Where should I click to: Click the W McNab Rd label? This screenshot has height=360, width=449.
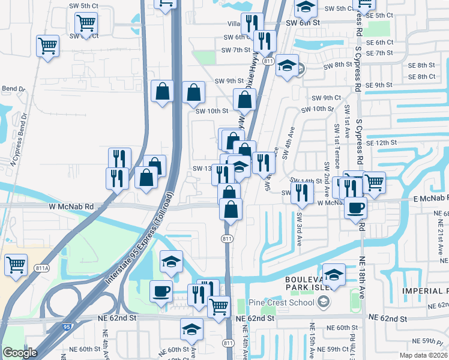(x=73, y=206)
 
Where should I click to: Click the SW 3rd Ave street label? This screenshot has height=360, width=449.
(x=298, y=229)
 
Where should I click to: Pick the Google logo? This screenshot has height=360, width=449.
(x=20, y=353)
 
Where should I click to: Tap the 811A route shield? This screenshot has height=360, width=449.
(x=41, y=268)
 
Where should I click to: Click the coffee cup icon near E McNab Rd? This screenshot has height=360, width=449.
(x=356, y=207)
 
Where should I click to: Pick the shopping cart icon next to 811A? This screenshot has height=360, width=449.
(x=16, y=264)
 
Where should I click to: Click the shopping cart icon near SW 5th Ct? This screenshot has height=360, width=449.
(x=86, y=23)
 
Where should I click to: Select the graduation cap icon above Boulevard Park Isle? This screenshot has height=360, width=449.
(x=334, y=274)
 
